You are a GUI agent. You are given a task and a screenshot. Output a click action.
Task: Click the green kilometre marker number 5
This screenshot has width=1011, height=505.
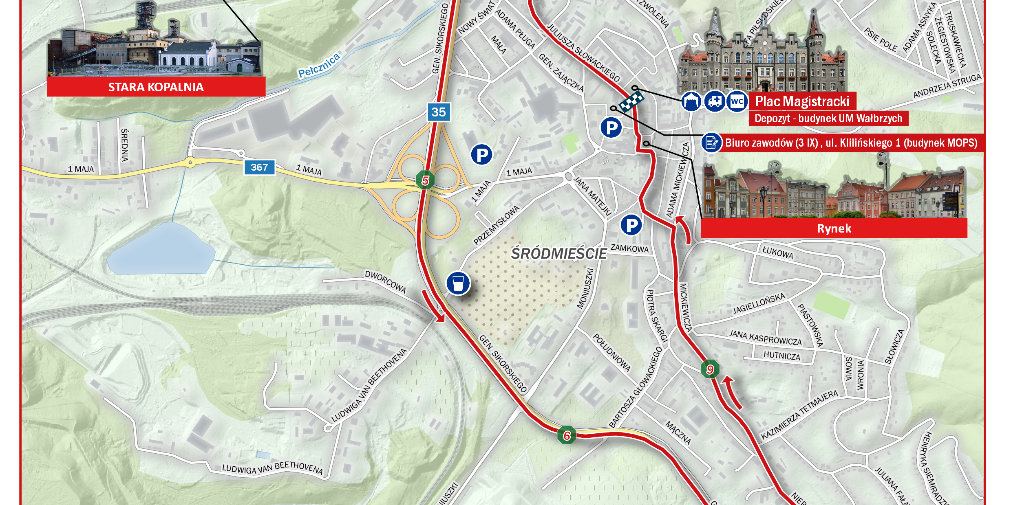point(425,180)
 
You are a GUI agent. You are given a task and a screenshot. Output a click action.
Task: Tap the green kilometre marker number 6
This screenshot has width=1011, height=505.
point(567,435)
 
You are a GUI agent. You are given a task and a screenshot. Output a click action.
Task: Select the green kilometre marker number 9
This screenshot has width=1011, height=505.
point(710,369)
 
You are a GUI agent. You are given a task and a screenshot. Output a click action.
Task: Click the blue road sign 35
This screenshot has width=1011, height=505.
point(439,112)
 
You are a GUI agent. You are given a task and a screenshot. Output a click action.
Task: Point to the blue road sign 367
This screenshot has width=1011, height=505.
point(259,167)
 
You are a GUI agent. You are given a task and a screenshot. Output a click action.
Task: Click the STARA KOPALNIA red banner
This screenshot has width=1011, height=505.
point(156,87)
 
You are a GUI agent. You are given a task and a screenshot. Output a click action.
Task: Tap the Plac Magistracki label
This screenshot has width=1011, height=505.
point(802,101)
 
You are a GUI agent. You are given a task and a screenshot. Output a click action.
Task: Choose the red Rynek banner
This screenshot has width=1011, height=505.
point(834,228)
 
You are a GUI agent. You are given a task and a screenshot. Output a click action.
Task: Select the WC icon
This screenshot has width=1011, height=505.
point(737,101)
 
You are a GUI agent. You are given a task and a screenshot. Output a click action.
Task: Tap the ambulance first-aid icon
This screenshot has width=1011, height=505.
point(714,101)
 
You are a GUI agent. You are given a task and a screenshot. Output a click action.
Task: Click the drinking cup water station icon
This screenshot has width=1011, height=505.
point(458,283)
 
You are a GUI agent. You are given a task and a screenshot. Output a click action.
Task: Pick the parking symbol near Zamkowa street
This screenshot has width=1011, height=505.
point(631,225)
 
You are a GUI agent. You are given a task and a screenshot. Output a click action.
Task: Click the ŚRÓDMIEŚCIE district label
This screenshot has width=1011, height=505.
point(559,254)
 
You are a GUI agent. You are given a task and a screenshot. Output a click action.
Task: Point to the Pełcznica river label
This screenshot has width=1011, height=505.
point(319,66)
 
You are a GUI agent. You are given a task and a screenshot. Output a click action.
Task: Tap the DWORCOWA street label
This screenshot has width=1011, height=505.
point(385,281)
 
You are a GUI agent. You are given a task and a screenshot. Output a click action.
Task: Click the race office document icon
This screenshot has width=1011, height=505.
point(711,143)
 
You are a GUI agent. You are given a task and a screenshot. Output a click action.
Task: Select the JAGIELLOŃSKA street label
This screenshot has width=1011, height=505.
point(759,304)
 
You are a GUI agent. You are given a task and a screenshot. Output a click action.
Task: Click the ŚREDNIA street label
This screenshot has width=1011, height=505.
point(125,145)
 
